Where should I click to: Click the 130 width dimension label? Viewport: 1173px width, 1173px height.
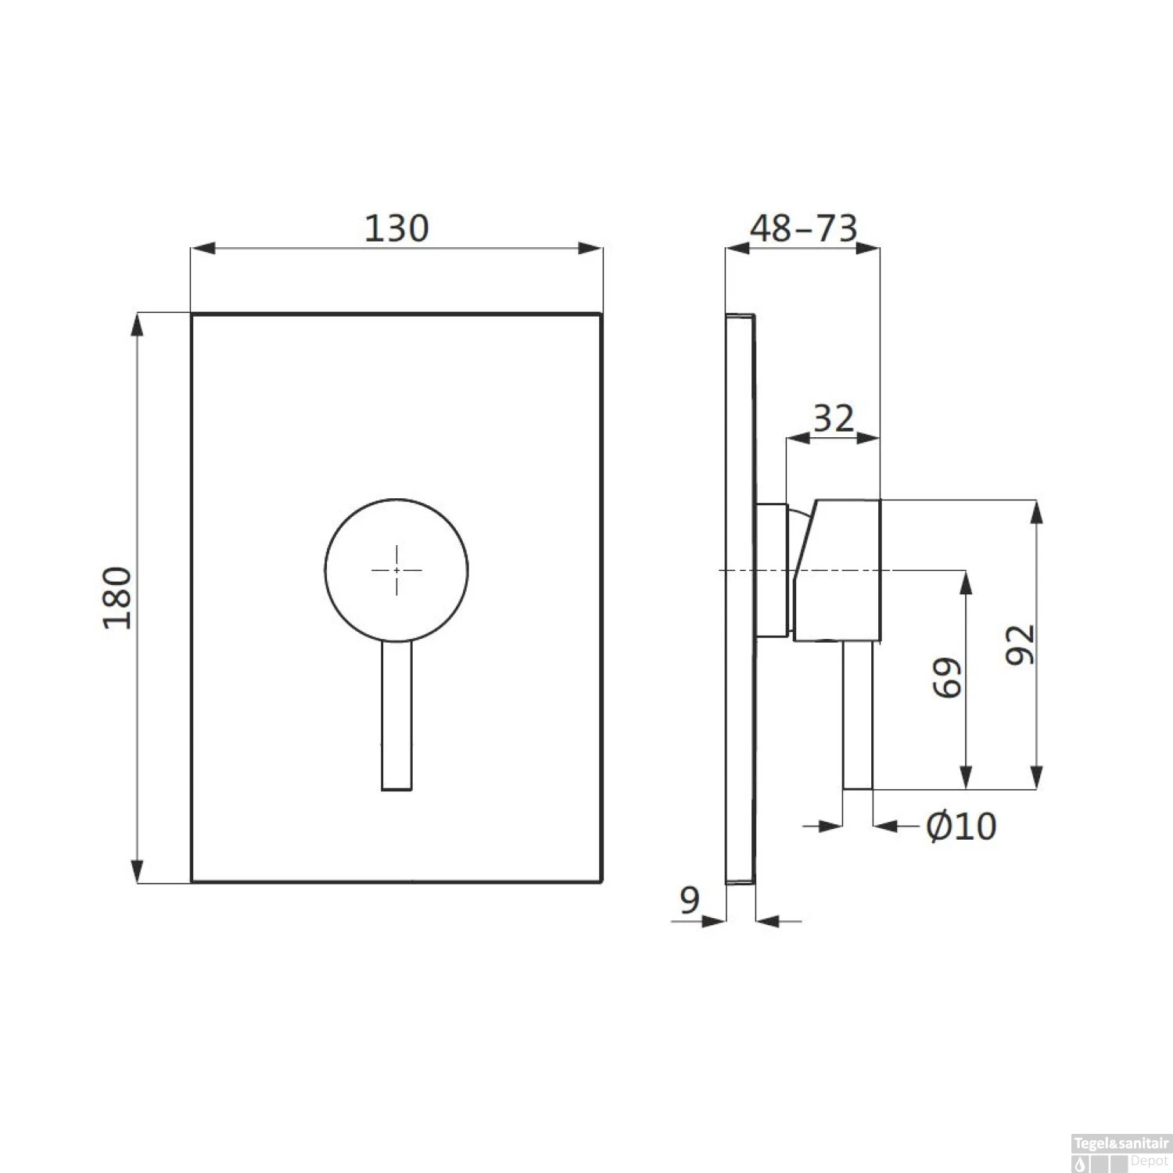pos(396,228)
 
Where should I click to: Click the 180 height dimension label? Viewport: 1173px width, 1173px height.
pos(118,598)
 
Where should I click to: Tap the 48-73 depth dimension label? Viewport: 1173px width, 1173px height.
pos(803,228)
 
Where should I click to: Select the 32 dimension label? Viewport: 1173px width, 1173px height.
pos(833,419)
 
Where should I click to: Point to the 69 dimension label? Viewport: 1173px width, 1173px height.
pos(948,677)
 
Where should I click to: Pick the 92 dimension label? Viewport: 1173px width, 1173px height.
pos(1021,645)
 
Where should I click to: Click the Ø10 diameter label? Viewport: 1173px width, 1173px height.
pos(961,826)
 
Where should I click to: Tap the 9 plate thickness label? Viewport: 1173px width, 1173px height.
pos(689,900)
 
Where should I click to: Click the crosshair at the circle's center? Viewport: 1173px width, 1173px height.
pos(396,570)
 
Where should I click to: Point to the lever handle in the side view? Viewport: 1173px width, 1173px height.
pos(857,716)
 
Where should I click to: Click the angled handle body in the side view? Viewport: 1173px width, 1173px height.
pos(841,570)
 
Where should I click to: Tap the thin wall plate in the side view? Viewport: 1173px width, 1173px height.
pos(741,704)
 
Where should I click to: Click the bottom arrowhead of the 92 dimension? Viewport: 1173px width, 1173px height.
pos(1036,778)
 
